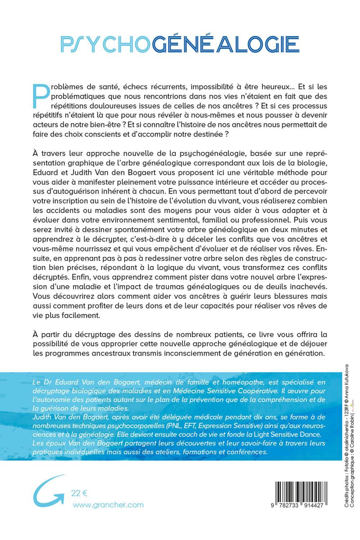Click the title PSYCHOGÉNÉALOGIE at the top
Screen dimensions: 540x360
[x=180, y=44]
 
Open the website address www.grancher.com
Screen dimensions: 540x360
[x=108, y=505]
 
